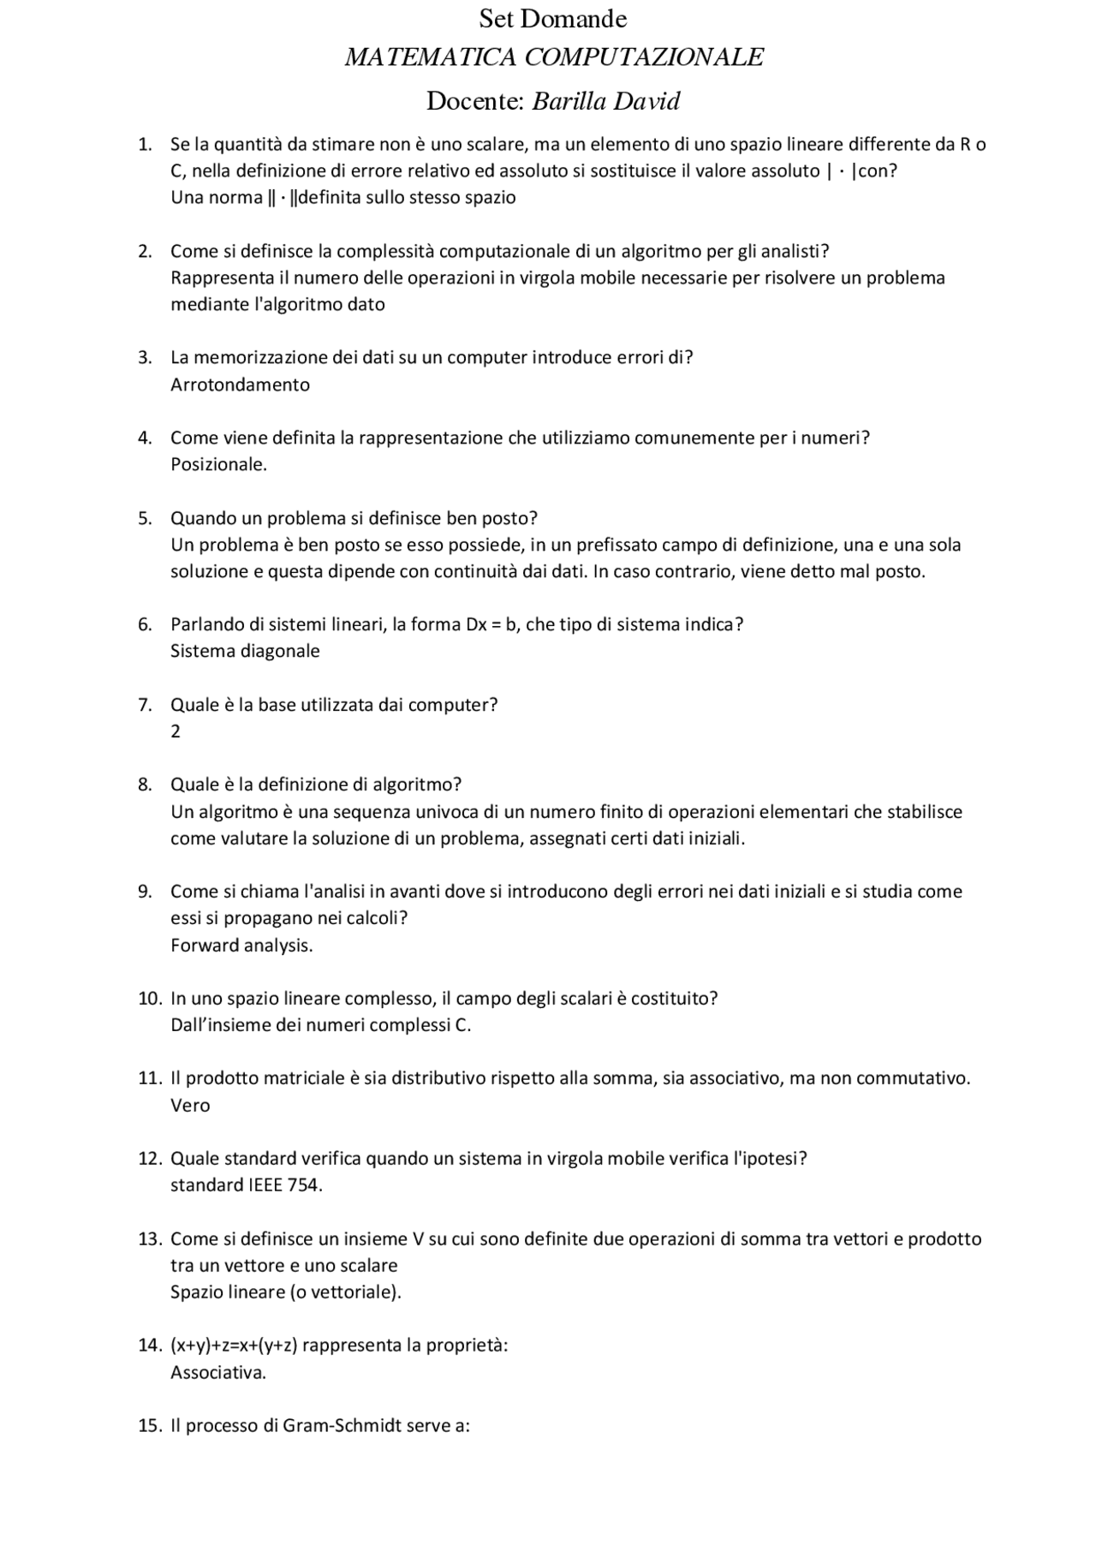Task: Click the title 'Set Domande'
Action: pos(552,19)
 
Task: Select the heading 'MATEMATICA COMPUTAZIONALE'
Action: pos(553,57)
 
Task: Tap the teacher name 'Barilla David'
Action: pos(605,102)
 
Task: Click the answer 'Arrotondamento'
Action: pos(240,385)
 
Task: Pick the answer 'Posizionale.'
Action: pos(218,465)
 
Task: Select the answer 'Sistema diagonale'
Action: pos(245,651)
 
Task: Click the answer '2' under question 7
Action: pos(176,731)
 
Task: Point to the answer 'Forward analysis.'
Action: pos(241,946)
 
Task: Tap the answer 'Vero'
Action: pos(190,1106)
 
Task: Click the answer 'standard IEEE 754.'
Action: pos(247,1185)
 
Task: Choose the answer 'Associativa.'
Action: pos(218,1372)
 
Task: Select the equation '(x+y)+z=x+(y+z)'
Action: pos(234,1345)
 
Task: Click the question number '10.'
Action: pos(150,999)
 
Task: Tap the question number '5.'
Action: pos(146,518)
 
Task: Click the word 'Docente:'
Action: pos(475,102)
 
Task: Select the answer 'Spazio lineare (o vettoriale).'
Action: pos(286,1292)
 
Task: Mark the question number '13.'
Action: pos(150,1239)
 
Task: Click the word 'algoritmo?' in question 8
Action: pos(420,784)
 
